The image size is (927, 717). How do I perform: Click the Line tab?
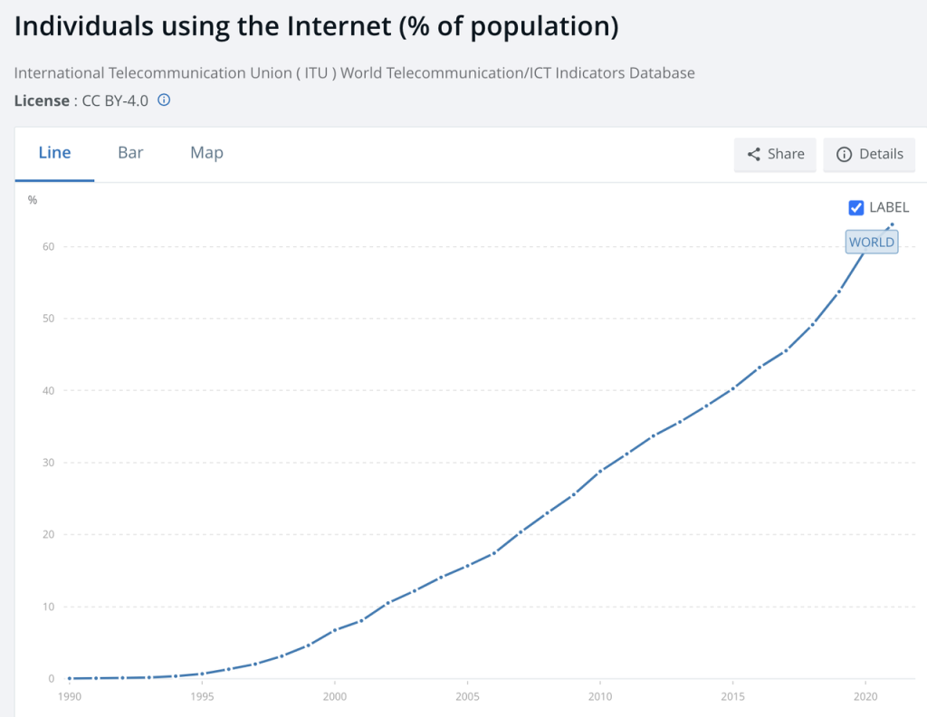54,153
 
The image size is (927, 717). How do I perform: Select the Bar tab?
130,153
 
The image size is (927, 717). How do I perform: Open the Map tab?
206,153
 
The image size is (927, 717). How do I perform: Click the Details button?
869,154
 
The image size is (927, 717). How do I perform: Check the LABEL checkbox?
855,207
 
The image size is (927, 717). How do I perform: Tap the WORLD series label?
872,242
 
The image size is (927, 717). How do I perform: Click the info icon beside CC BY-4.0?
164,100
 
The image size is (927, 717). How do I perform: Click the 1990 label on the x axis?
70,698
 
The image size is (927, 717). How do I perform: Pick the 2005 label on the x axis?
467,698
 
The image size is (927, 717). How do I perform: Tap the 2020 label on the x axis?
865,698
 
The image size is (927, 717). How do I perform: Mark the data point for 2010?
600,471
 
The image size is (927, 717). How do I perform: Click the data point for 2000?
335,630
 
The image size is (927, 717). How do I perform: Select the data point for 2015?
732,387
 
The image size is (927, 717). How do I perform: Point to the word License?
41,100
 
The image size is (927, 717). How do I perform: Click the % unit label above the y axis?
33,200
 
